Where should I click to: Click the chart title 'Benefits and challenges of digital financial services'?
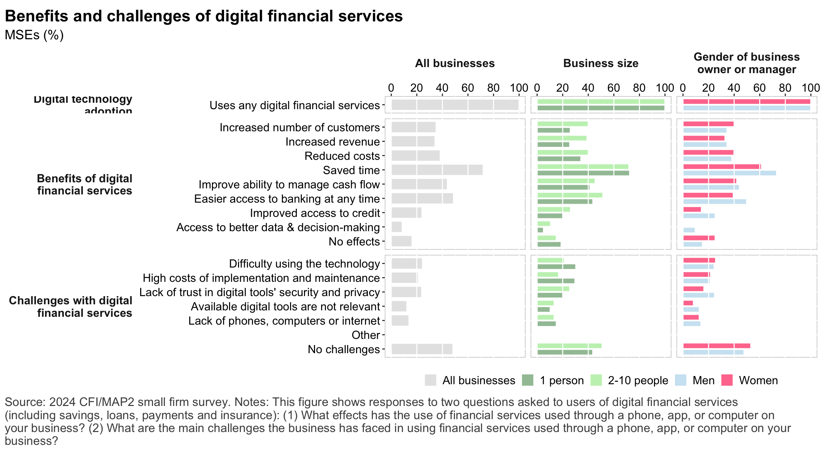tap(204, 16)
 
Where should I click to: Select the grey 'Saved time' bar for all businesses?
tap(437, 170)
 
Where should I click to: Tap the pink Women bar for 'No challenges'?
tap(716, 346)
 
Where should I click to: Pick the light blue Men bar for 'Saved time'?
tap(729, 173)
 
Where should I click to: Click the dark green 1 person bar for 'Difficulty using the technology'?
tap(556, 267)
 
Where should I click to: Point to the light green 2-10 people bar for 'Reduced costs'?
tap(562, 152)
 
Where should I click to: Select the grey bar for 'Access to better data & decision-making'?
tap(396, 227)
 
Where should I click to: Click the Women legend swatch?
tap(727, 380)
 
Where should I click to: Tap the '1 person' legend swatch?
tap(527, 380)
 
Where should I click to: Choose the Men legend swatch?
tap(680, 380)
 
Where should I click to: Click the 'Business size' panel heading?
tap(601, 64)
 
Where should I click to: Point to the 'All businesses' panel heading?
tap(455, 64)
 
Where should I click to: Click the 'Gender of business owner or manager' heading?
tap(747, 63)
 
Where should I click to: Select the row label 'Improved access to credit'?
tap(315, 213)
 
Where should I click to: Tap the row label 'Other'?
tap(366, 335)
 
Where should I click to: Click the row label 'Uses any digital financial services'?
tap(295, 105)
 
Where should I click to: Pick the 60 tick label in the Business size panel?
tap(614, 88)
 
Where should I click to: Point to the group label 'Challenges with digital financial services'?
tap(71, 307)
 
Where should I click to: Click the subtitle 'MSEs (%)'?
tap(34, 35)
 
